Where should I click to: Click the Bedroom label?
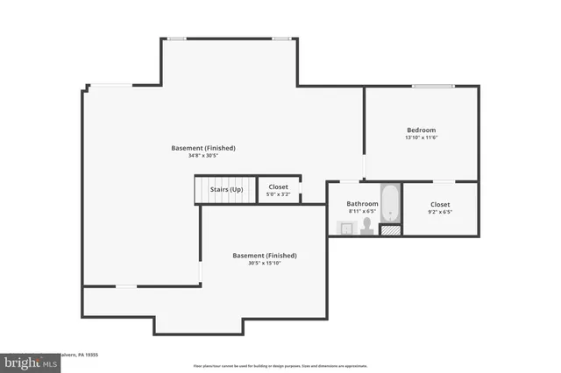421,130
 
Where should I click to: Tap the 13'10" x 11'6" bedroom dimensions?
421,137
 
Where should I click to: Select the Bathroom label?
362,203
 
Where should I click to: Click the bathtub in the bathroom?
389,203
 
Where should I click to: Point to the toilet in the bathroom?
366,228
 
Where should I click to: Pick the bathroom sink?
345,229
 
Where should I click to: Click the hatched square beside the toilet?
390,231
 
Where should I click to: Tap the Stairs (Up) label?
226,188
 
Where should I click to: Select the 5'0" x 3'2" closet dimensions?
279,194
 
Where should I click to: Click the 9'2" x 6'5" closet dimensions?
440,211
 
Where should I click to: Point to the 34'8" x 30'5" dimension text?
203,156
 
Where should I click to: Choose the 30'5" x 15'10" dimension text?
264,263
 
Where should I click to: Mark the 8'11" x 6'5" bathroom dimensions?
362,211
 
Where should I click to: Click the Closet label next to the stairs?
279,186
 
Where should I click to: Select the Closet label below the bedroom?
440,203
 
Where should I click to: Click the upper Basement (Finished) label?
203,148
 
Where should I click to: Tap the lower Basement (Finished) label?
264,255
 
